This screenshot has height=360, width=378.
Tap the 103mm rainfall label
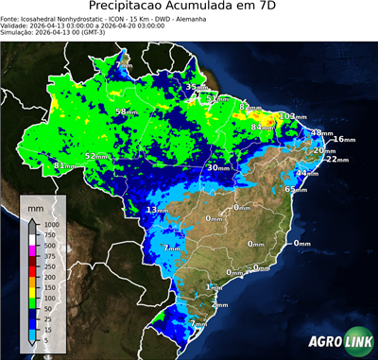coord(293,116)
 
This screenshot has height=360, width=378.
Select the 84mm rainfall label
coord(262,127)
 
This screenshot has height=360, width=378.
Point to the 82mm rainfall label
coord(249,107)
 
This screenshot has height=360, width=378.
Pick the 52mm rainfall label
coord(96,156)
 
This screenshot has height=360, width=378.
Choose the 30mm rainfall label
coord(218,167)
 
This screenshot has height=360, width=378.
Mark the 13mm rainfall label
coord(157,210)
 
